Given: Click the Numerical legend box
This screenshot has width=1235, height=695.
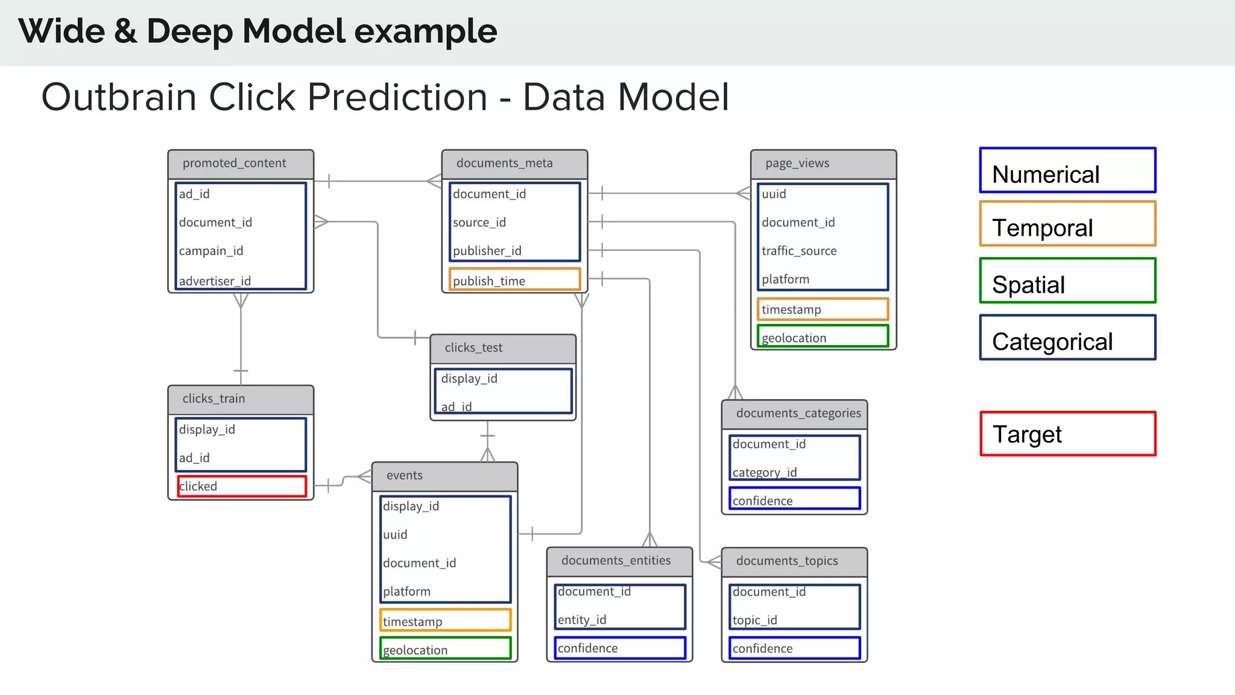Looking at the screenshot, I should pos(1067,171).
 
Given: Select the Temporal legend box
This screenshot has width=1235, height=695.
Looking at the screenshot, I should pos(1067,224).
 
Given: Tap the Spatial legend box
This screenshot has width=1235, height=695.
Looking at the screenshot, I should pos(1067,281).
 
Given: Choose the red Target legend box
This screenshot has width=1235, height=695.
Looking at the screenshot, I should pos(1067,434).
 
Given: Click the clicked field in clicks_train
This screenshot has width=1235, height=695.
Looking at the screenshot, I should pos(242,486).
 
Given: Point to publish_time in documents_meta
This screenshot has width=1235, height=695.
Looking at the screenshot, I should pos(514,280).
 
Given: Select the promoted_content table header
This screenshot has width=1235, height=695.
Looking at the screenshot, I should pos(241,163).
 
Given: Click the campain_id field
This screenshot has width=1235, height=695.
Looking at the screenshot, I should pos(211,251).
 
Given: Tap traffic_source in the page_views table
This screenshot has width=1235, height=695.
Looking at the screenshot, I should pos(799,251).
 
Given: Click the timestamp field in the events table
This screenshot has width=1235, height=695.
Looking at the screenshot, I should pos(445,621).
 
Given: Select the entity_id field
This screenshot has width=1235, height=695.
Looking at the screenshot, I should pos(582,620).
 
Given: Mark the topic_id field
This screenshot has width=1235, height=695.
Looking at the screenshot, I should pos(755,620).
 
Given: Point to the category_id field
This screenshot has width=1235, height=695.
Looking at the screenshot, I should pos(765,472).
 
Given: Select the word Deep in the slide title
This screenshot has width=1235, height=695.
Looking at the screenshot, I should pos(189,31).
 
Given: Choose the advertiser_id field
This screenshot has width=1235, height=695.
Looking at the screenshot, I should pos(215,281).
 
